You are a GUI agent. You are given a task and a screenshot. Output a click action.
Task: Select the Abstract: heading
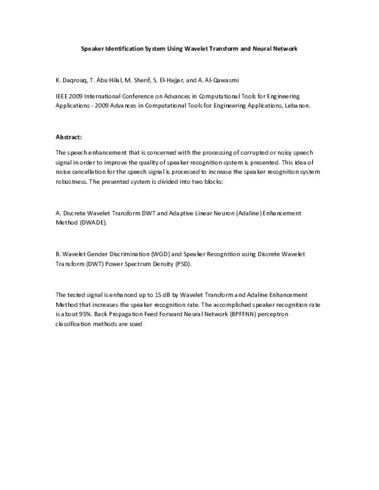[x=69, y=137]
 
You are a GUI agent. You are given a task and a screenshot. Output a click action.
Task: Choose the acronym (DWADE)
[x=93, y=223]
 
